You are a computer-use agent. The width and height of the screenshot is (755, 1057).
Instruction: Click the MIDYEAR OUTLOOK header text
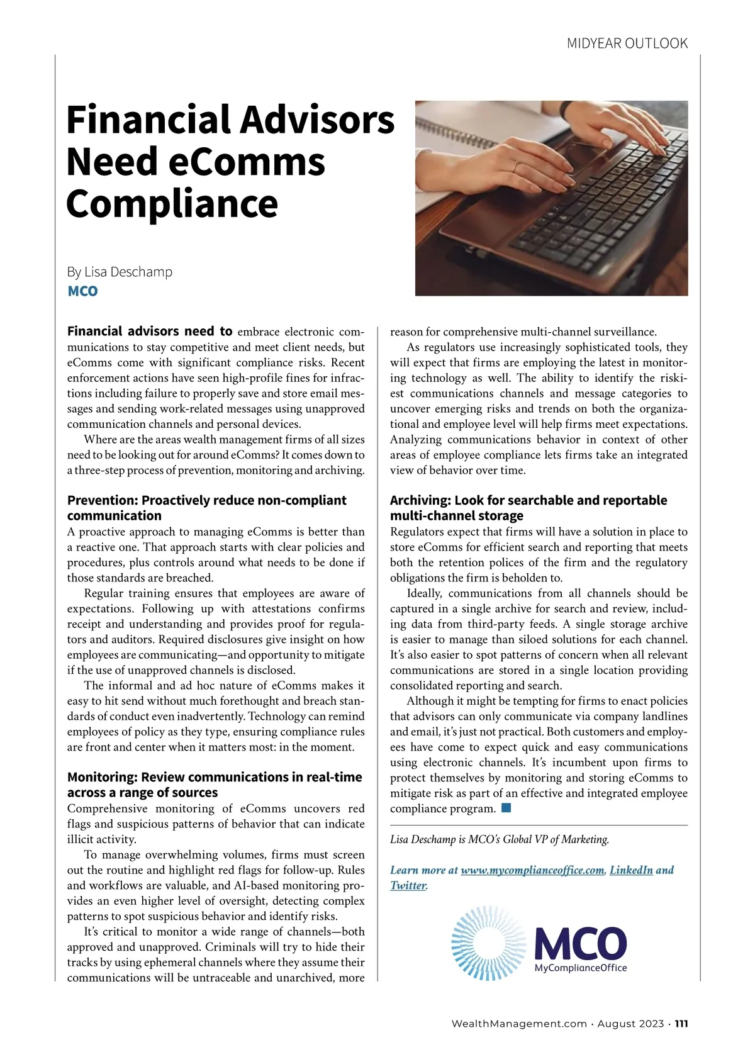point(627,43)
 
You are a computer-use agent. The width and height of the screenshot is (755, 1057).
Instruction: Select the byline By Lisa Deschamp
point(120,272)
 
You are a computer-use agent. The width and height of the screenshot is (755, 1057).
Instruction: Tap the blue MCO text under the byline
point(82,291)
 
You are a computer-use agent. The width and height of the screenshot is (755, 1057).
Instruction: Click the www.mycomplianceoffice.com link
point(532,870)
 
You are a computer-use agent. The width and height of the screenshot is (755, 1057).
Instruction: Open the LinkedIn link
point(630,870)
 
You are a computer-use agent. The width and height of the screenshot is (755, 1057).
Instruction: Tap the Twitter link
point(408,885)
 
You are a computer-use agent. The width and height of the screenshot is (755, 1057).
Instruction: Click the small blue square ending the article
point(506,808)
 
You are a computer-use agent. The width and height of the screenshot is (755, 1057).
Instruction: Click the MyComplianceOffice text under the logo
point(580,968)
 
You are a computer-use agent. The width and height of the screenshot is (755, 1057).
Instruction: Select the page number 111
point(681,1024)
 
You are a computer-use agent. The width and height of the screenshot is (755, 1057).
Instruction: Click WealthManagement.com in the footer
point(519,1024)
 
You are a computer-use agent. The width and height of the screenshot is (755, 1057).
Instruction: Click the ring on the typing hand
point(515,167)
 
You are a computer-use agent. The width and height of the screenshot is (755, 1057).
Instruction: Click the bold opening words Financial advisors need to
point(150,332)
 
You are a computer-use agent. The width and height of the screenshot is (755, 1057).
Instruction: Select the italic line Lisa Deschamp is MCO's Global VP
point(500,839)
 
